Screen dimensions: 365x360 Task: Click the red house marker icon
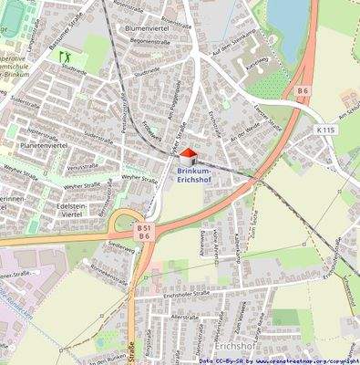[188, 158]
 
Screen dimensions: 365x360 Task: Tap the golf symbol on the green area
[66, 57]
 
